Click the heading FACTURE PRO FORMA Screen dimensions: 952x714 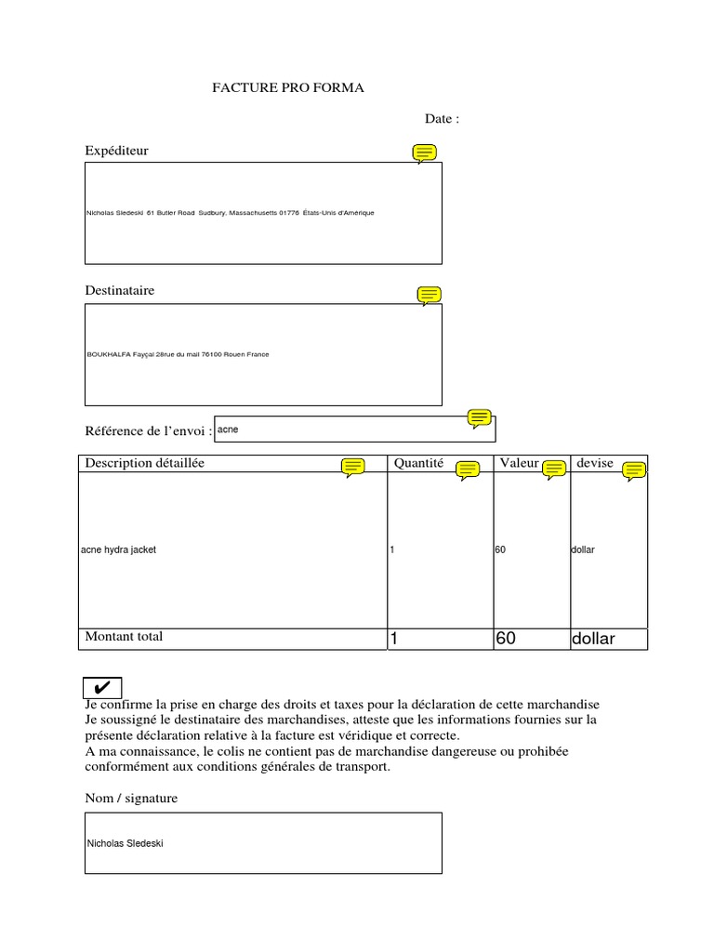(x=289, y=88)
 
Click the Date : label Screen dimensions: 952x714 (x=442, y=119)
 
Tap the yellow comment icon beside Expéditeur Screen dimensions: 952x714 (x=425, y=153)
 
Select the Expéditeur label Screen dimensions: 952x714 (x=116, y=151)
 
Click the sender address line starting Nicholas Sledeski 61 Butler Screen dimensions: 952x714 (x=230, y=213)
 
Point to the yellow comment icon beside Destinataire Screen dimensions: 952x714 (x=429, y=296)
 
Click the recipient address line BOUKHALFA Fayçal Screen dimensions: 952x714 (x=178, y=354)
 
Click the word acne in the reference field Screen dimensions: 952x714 (x=228, y=430)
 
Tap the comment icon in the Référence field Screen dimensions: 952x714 (x=480, y=418)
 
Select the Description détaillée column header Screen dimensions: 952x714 (x=145, y=463)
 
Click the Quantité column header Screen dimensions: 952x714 (x=419, y=463)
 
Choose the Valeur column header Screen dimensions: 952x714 (x=519, y=463)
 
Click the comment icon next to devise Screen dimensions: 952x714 (x=634, y=470)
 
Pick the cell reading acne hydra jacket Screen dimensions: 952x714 (x=119, y=550)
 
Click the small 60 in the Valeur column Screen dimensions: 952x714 (x=500, y=550)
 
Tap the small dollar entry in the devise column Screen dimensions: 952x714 (x=582, y=550)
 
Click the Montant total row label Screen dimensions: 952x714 (x=124, y=637)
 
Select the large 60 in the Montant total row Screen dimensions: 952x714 (x=506, y=640)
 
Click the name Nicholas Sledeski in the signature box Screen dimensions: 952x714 (x=125, y=844)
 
